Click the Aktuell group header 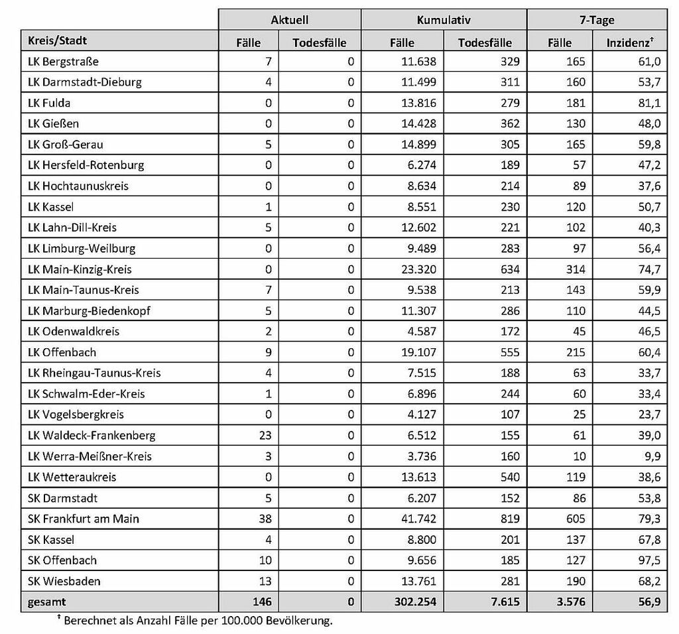pos(290,21)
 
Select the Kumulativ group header pos(444,21)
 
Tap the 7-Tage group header pos(596,21)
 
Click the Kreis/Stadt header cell pos(58,41)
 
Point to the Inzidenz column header pos(630,42)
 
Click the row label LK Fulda pos(49,103)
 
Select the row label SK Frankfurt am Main pos(84,519)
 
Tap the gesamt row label pos(47,602)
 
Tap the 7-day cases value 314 pos(576,269)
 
